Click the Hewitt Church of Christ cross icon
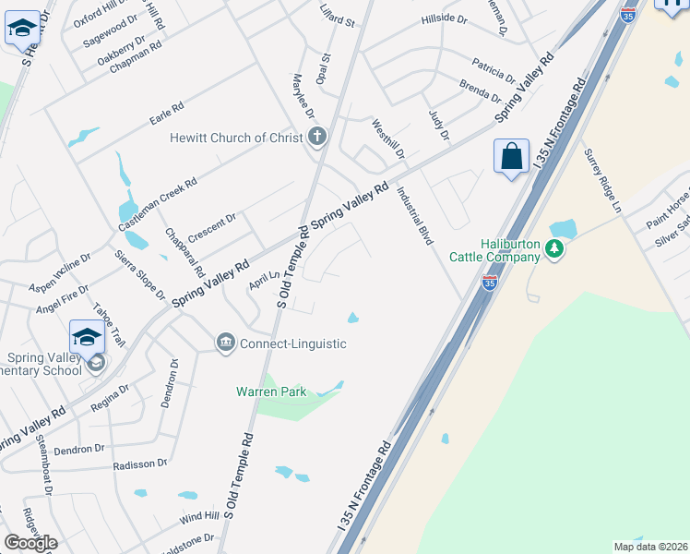[x=317, y=138]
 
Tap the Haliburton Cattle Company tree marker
[x=553, y=248]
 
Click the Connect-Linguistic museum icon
[x=225, y=343]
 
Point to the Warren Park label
[x=268, y=392]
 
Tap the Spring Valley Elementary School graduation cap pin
[x=87, y=337]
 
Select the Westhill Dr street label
[x=388, y=138]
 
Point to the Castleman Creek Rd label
[x=158, y=205]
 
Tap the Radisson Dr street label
[x=139, y=464]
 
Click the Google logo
[x=30, y=543]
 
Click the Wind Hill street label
[x=198, y=514]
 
